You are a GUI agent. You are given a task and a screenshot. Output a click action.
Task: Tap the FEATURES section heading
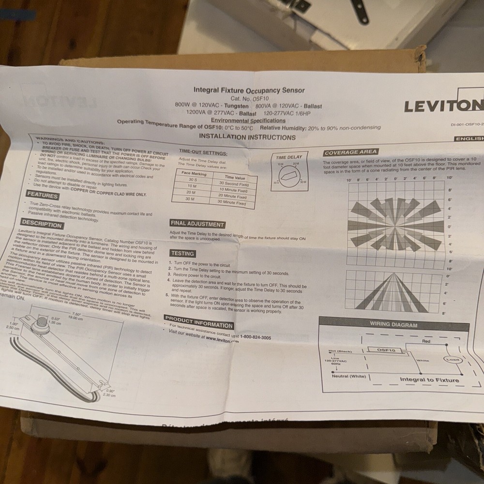pyautogui.click(x=43, y=196)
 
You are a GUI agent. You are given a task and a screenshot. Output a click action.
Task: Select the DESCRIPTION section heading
pyautogui.click(x=42, y=224)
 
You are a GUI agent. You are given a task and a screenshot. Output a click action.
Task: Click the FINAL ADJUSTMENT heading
pyautogui.click(x=197, y=224)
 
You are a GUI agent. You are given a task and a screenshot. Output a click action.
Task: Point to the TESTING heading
pyautogui.click(x=182, y=253)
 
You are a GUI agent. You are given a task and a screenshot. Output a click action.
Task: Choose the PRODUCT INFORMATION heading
pyautogui.click(x=199, y=322)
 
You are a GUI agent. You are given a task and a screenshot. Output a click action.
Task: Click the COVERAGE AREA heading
pyautogui.click(x=351, y=152)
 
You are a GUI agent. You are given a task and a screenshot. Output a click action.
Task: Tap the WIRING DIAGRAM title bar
pyautogui.click(x=393, y=325)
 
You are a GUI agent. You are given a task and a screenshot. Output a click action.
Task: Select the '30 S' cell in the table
pyautogui.click(x=193, y=179)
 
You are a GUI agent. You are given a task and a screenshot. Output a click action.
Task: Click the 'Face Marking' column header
pyautogui.click(x=194, y=173)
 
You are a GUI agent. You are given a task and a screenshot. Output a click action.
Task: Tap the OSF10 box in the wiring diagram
pyautogui.click(x=386, y=350)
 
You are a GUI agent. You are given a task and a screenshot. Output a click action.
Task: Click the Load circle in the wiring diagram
pyautogui.click(x=453, y=360)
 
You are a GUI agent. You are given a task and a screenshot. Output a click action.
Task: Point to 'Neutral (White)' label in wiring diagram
pyautogui.click(x=349, y=376)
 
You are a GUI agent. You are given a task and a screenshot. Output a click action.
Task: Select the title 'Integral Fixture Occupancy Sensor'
pyautogui.click(x=249, y=90)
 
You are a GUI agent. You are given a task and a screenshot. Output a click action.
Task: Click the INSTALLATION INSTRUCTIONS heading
pyautogui.click(x=247, y=137)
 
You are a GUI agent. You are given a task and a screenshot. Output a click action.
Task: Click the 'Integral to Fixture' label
pyautogui.click(x=429, y=379)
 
